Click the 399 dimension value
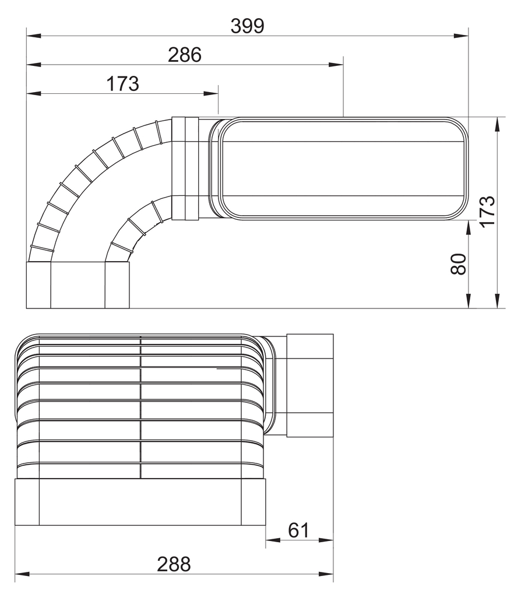pyautogui.click(x=247, y=26)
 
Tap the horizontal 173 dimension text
pyautogui.click(x=122, y=84)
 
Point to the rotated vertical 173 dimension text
pyautogui.click(x=487, y=210)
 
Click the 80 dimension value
pyautogui.click(x=459, y=264)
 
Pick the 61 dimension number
pyautogui.click(x=298, y=530)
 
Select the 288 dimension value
pyautogui.click(x=174, y=564)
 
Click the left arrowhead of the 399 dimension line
pyautogui.click(x=33, y=36)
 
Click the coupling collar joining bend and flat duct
pyautogui.click(x=186, y=168)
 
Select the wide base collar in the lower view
pyautogui.click(x=140, y=501)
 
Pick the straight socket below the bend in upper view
pyautogui.click(x=78, y=285)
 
